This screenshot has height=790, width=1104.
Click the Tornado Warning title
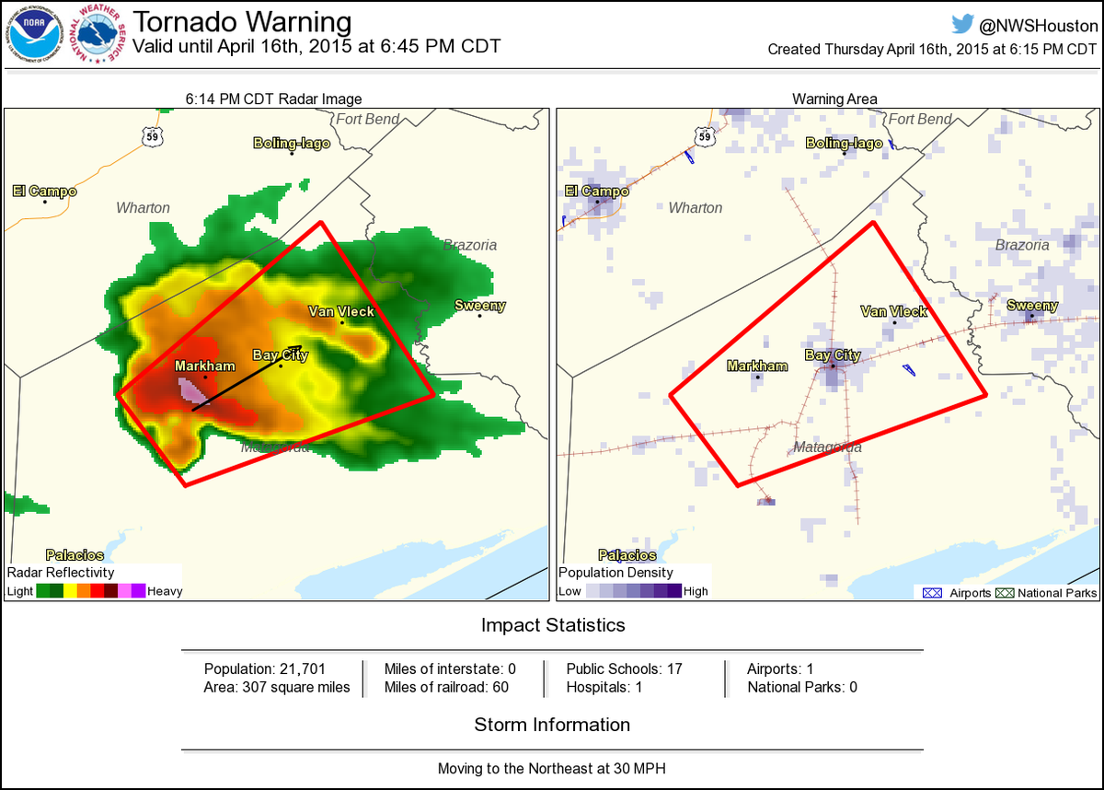coord(242,21)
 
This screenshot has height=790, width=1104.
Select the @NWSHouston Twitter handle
coord(1032,26)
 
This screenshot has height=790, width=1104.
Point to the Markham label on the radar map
coord(205,366)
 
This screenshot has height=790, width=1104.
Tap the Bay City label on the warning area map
coord(833,355)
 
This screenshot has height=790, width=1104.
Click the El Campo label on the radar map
coord(44,192)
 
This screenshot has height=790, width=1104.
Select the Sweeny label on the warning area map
coord(1032,306)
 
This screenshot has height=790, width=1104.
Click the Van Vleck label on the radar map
coord(341,311)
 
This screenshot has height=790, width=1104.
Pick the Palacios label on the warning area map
coord(627,555)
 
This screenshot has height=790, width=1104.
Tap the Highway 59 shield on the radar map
coord(153,136)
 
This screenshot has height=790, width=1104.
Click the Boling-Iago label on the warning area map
coord(844,143)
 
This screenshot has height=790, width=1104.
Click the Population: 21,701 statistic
coord(265,668)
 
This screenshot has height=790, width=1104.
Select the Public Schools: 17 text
coord(624,668)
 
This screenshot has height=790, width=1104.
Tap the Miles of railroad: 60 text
coord(446,687)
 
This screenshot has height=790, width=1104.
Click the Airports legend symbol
coord(931,593)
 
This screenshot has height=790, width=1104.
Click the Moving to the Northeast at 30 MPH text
coord(552,768)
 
